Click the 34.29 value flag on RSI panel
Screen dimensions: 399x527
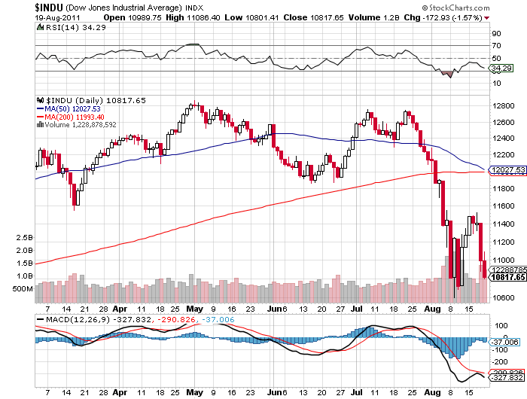(x=501, y=68)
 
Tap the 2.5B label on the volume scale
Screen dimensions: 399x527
(x=24, y=238)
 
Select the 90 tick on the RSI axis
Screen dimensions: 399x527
(x=497, y=34)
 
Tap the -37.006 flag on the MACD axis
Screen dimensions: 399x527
(x=502, y=342)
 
